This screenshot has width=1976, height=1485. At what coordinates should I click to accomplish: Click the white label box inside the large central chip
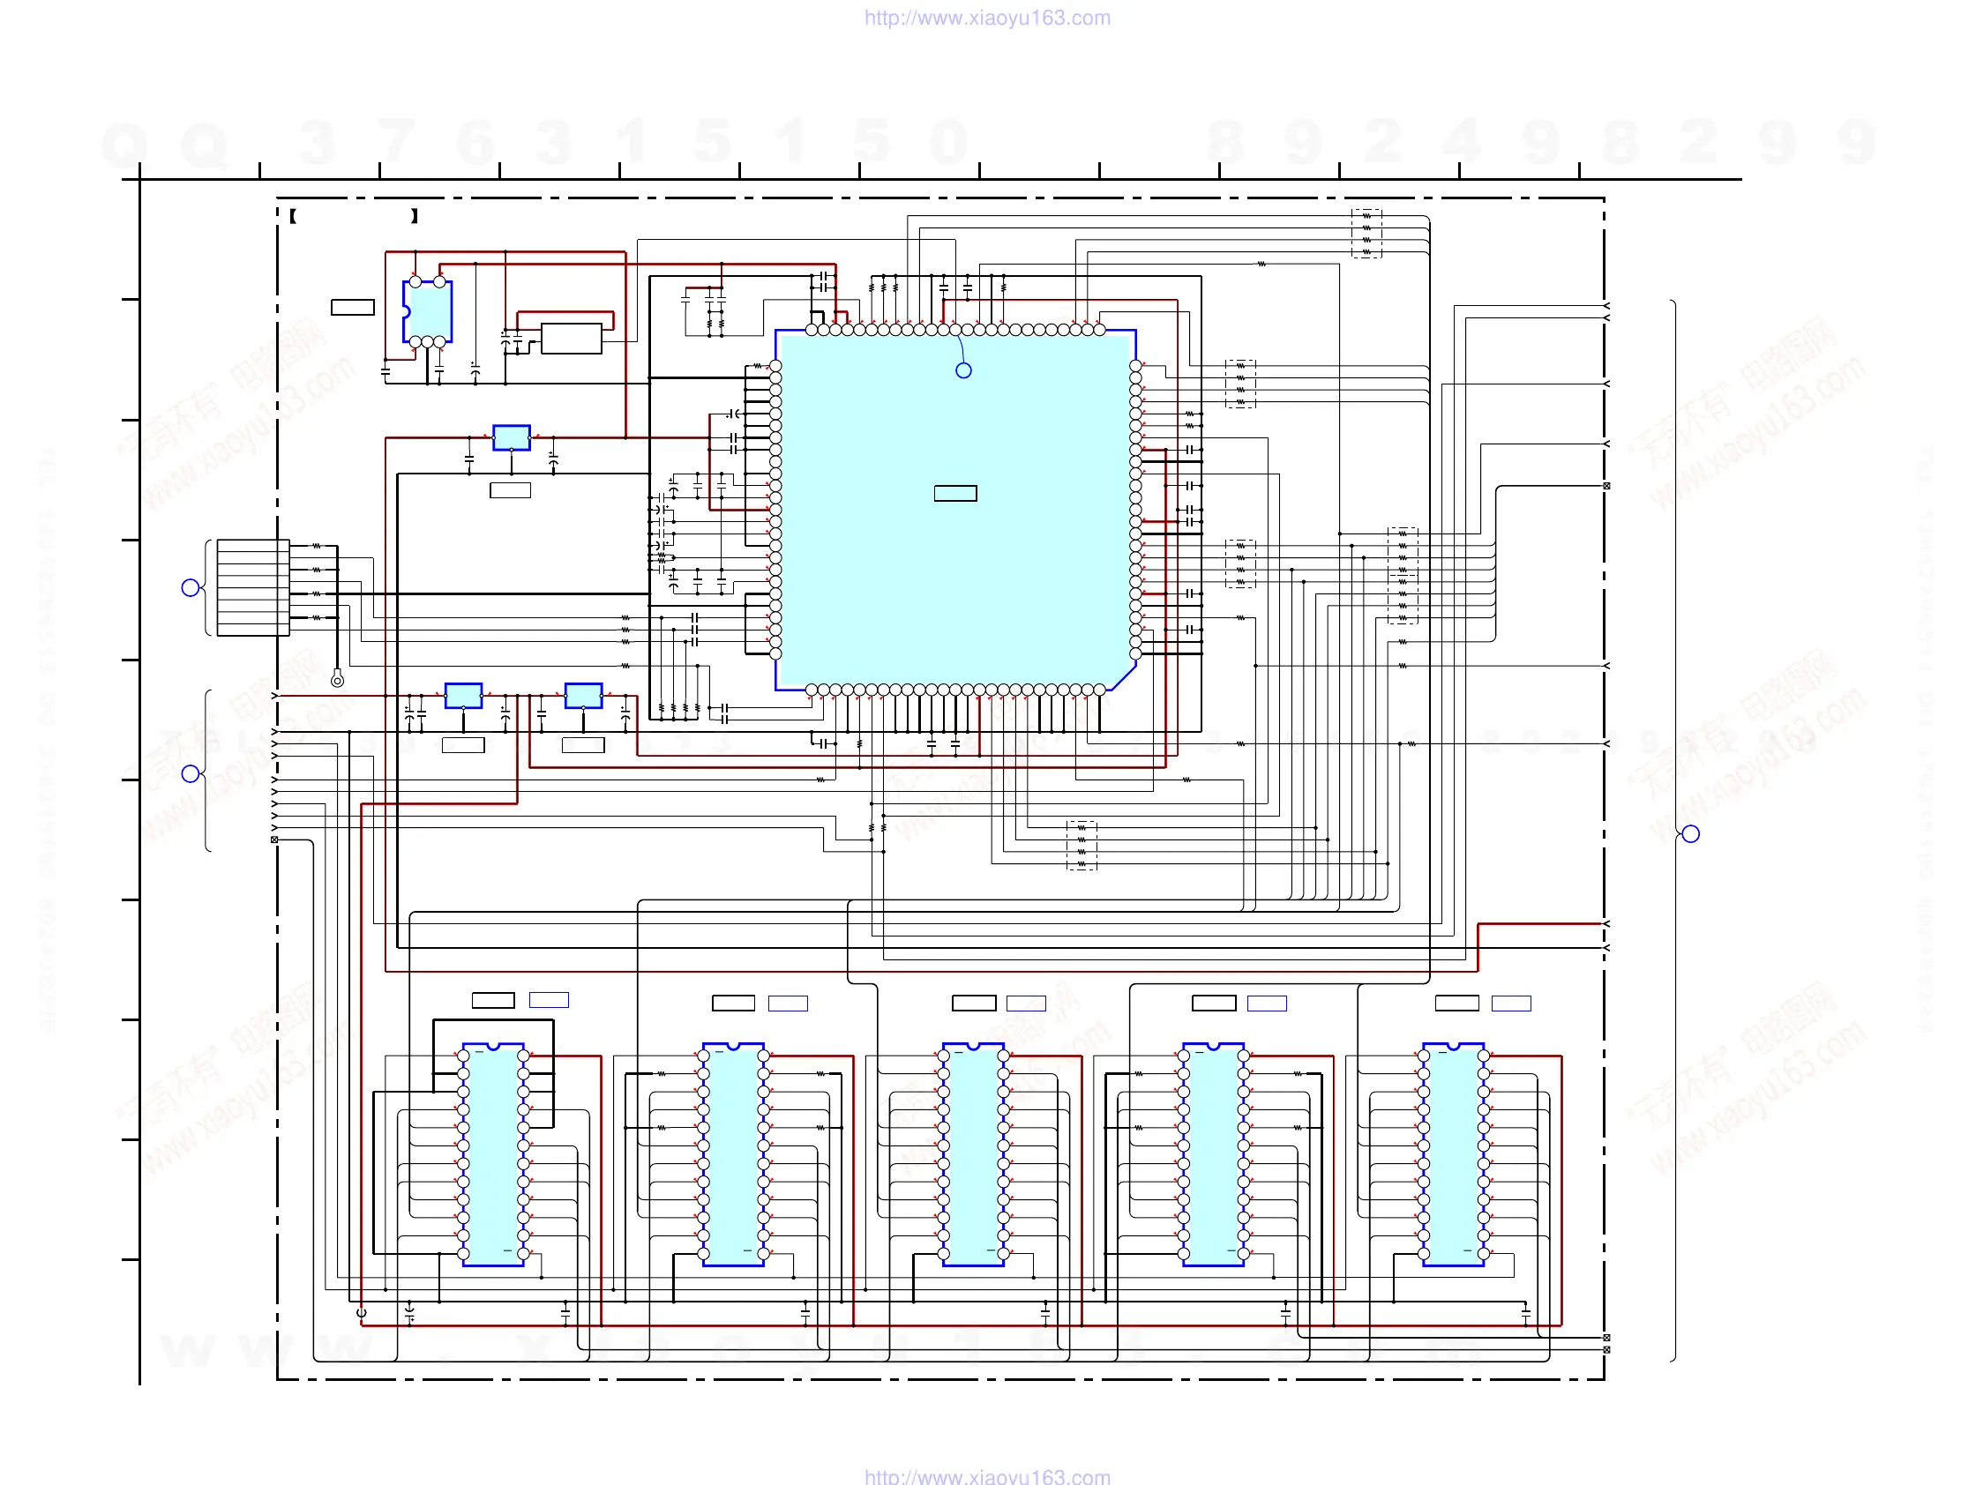click(x=955, y=493)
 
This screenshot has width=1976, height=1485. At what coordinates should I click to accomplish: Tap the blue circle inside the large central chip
click(x=963, y=370)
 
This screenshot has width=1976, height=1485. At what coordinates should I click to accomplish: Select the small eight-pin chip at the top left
click(x=427, y=311)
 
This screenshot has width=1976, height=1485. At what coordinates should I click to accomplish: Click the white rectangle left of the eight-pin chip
click(x=352, y=307)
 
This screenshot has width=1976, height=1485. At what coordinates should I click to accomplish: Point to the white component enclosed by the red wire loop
click(x=571, y=339)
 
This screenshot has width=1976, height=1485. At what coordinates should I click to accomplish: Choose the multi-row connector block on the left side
click(x=253, y=587)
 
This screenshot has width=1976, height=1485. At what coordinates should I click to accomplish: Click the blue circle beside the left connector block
click(x=191, y=587)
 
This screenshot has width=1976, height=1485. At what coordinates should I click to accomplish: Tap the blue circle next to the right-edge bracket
click(x=1690, y=834)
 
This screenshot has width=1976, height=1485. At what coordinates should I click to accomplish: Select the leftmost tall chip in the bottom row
click(x=493, y=1154)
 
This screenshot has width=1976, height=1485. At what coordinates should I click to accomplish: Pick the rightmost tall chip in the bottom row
click(x=1453, y=1154)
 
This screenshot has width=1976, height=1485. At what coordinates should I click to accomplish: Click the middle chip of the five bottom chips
click(x=973, y=1154)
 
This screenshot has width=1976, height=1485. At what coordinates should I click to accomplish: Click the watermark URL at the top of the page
click(x=987, y=18)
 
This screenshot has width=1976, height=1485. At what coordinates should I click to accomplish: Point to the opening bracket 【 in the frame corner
click(x=293, y=216)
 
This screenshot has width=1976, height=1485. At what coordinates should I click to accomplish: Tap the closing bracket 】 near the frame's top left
click(x=415, y=216)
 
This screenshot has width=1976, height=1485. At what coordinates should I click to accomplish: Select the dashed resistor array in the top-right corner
click(x=1366, y=234)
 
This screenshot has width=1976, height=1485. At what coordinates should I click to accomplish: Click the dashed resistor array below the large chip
click(x=1081, y=845)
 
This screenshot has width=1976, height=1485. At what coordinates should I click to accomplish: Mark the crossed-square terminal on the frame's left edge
click(x=274, y=840)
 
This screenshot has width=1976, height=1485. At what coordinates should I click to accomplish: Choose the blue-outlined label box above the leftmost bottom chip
click(x=549, y=1000)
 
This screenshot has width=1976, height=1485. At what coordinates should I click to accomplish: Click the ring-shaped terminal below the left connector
click(x=337, y=682)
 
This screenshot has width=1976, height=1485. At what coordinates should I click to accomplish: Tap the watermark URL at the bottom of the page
click(x=987, y=1476)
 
